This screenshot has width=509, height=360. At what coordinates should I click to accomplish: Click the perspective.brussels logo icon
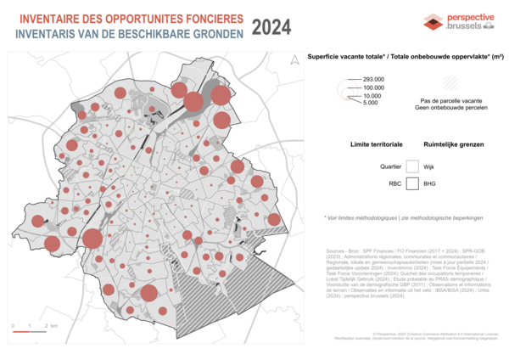(x=433, y=22)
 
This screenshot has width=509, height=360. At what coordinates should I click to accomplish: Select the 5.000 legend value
(x=370, y=103)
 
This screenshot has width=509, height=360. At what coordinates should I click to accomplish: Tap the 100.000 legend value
(x=373, y=87)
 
